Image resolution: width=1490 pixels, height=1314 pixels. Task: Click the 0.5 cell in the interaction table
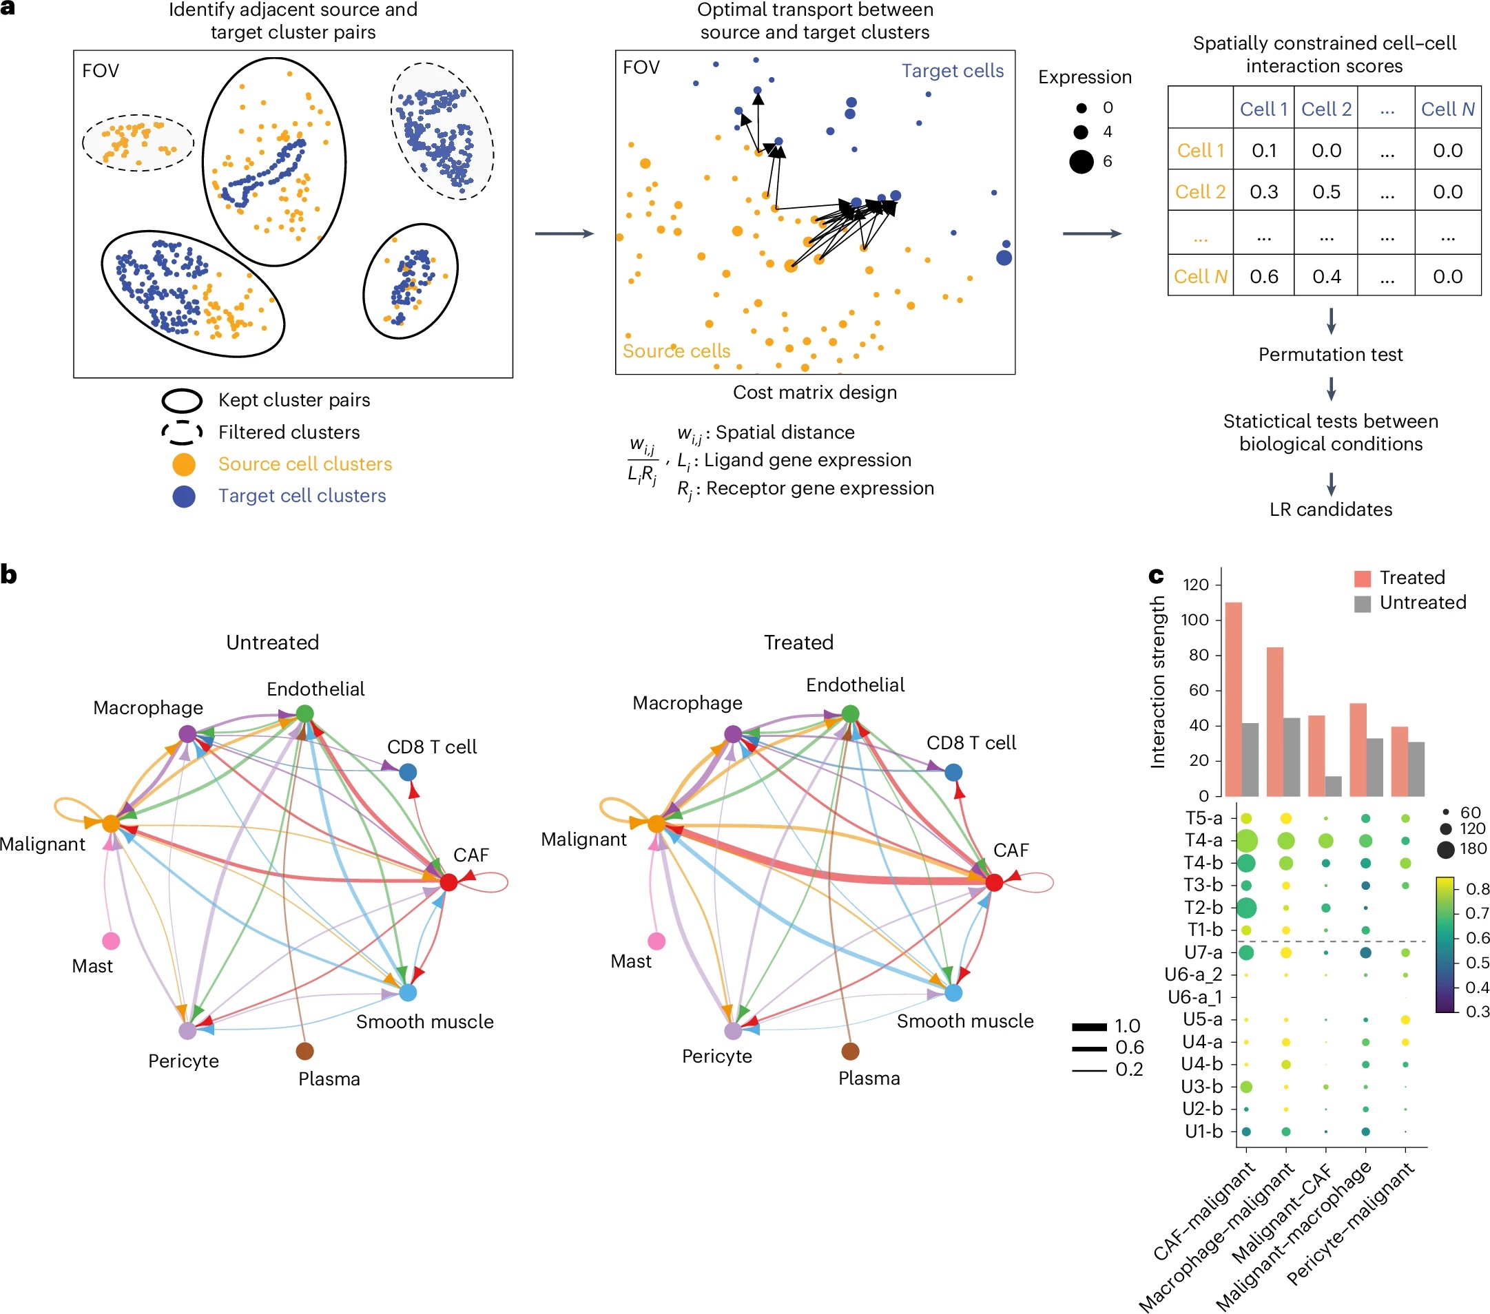(x=1326, y=191)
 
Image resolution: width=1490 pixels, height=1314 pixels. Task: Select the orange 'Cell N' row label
(x=1200, y=276)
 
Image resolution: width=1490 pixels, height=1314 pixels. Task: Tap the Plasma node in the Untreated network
(x=304, y=1051)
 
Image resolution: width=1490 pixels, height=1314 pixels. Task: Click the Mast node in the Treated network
(x=656, y=941)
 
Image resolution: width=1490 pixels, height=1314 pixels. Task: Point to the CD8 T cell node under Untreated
(x=408, y=772)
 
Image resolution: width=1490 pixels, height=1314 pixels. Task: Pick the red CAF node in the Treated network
(x=994, y=882)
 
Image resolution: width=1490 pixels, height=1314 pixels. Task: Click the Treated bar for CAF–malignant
(x=1234, y=699)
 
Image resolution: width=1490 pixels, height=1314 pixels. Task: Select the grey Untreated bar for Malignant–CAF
(x=1333, y=786)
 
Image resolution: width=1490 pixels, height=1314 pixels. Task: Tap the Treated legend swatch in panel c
(x=1362, y=578)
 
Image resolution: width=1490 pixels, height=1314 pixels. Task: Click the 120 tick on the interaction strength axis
(x=1195, y=585)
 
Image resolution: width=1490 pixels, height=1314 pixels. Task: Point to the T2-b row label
(x=1203, y=908)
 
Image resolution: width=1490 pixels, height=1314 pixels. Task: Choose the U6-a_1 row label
(x=1194, y=997)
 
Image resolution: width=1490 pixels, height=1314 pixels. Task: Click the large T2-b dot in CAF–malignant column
(x=1247, y=908)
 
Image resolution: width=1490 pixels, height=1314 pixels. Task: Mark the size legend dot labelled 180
(x=1445, y=849)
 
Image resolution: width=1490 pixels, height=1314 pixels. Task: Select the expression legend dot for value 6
(x=1081, y=161)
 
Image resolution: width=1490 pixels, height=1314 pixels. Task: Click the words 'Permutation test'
(x=1330, y=355)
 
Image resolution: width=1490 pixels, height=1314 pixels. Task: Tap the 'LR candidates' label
(x=1330, y=510)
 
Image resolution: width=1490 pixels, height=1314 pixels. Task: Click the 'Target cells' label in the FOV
(x=952, y=71)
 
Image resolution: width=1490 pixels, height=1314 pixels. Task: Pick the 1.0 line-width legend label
(x=1128, y=1026)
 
